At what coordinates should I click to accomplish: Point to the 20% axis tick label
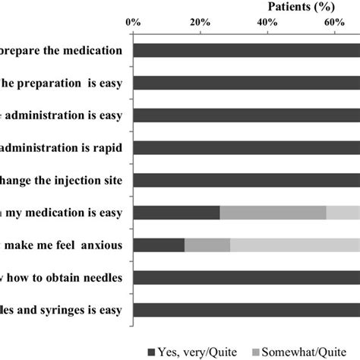tap(199, 24)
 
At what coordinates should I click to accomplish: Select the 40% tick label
tap(267, 24)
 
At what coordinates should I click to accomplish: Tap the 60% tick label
tap(334, 24)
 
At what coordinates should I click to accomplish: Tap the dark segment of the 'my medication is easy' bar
tap(176, 213)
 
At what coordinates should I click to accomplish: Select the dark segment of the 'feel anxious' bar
tap(159, 245)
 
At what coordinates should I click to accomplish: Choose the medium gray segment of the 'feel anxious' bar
tap(207, 245)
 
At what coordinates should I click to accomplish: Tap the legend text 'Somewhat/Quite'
tap(318, 351)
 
